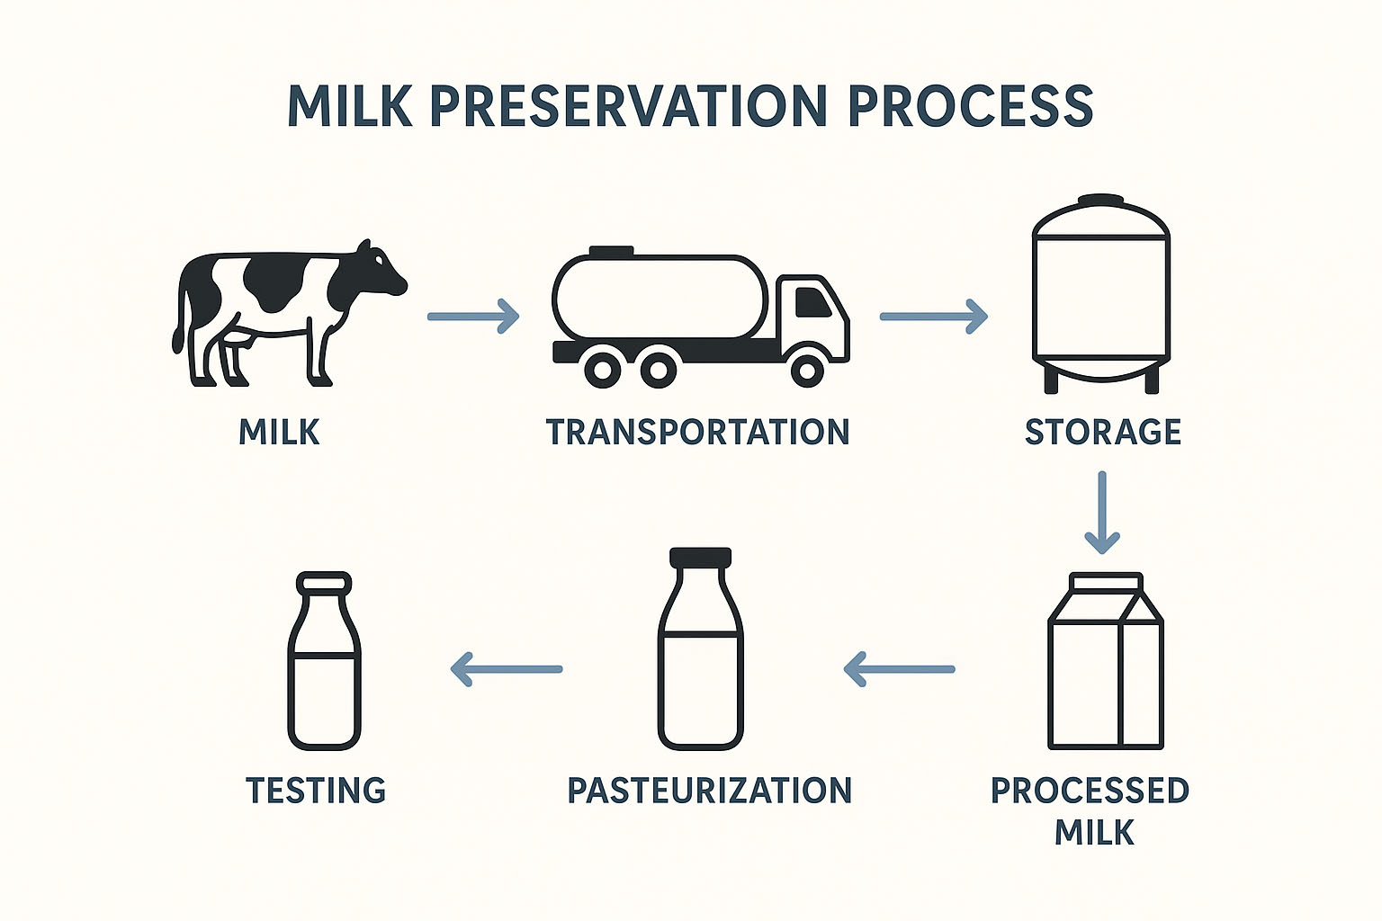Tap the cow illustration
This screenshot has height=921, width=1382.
(x=290, y=313)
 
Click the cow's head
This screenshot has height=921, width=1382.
(x=381, y=272)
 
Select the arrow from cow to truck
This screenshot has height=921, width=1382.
(x=473, y=317)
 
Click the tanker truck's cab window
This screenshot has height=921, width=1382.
(x=812, y=302)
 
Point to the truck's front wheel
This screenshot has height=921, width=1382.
(x=807, y=369)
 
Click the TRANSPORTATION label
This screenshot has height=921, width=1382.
(x=698, y=432)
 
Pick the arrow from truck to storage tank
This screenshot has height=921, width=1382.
(x=933, y=317)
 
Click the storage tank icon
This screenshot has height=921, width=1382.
(x=1101, y=293)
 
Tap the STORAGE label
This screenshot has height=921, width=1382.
(x=1102, y=432)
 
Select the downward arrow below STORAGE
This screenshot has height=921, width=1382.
(x=1102, y=513)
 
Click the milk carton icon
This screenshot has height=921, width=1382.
(x=1106, y=661)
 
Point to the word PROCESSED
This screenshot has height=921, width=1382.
(x=1090, y=791)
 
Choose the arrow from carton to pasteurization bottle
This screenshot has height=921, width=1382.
(x=899, y=669)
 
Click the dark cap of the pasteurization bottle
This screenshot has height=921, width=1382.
(x=700, y=557)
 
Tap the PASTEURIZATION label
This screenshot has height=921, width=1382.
(x=710, y=791)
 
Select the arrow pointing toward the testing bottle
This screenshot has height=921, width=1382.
(x=507, y=669)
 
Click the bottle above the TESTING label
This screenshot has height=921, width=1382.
(x=324, y=661)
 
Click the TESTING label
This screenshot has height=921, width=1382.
(x=316, y=791)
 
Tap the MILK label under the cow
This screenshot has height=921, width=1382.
(x=279, y=432)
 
